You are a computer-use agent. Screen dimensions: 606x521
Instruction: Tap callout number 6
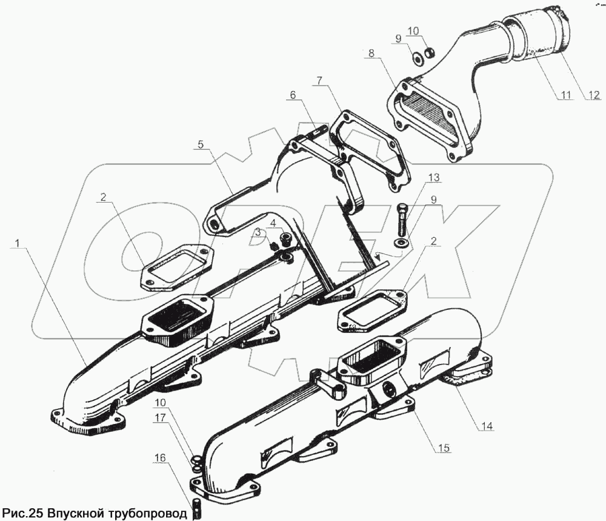pos(293,95)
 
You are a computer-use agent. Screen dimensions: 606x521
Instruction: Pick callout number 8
pos(370,53)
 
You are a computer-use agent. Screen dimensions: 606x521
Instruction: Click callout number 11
pos(565,95)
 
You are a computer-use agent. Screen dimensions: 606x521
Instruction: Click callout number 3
pos(258,232)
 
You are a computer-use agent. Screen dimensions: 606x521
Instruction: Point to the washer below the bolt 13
pos(401,243)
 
